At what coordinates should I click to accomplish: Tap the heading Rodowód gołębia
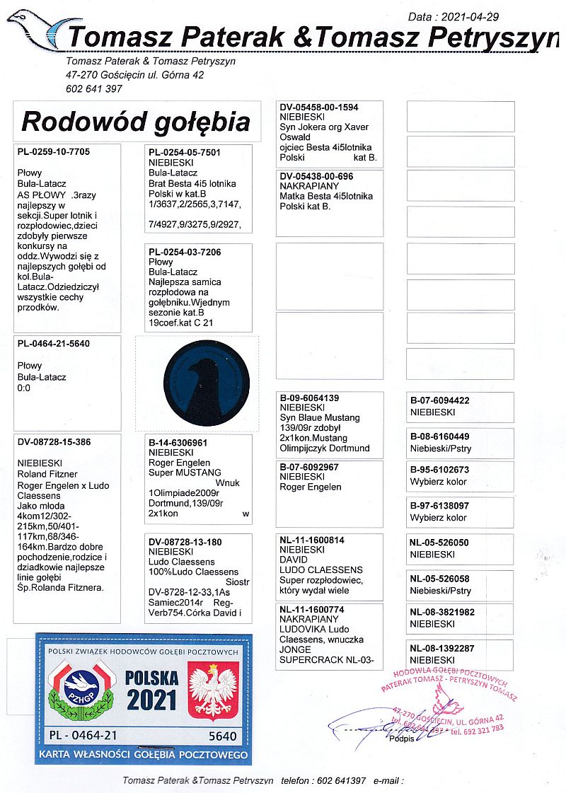136,122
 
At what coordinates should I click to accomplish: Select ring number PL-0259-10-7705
54,151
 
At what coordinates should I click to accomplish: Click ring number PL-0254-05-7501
185,152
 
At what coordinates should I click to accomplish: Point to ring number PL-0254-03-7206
185,252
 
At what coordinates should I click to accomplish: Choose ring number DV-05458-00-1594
319,108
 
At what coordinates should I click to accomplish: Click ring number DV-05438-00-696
316,176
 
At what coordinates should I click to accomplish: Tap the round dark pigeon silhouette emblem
206,382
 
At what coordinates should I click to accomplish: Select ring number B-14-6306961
182,442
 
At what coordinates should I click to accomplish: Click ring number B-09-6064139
309,398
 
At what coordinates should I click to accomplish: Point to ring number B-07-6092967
309,467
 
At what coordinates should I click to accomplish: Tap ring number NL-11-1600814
312,540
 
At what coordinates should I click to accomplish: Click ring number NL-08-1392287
442,647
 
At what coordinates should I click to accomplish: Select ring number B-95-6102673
439,470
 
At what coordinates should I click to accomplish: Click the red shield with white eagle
212,691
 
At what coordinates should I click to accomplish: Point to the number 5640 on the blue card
223,736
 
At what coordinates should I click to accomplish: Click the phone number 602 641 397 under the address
94,88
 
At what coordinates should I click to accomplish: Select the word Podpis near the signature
402,739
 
